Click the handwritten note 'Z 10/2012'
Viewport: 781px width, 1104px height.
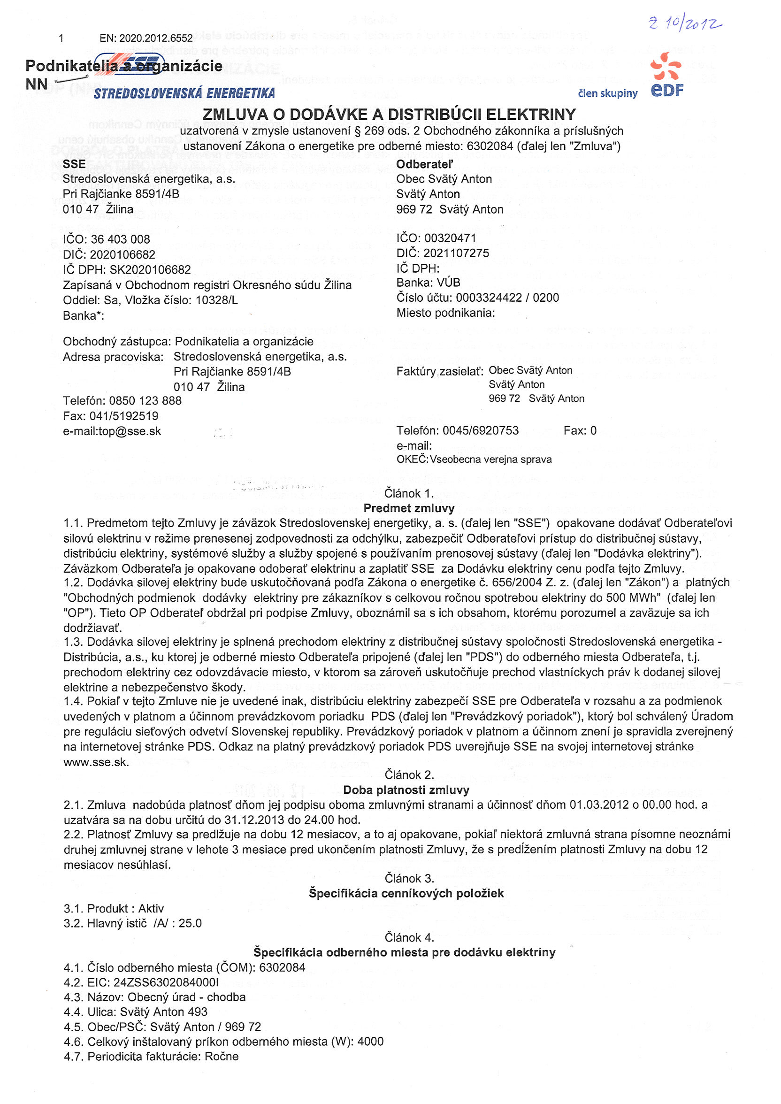tap(685, 23)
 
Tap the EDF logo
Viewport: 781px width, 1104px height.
tap(666, 76)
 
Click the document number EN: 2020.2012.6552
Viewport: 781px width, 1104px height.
tap(145, 38)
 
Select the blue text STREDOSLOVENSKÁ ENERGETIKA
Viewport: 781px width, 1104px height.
tap(184, 93)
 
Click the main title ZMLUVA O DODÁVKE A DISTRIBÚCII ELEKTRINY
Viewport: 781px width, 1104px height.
tap(389, 115)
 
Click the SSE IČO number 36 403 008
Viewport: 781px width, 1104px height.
tap(120, 239)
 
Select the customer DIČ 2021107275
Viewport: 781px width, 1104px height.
tap(456, 253)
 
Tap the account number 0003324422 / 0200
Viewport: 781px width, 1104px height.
tap(507, 298)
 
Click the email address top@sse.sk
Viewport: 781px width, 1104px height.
tap(130, 431)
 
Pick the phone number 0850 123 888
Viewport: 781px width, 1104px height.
tap(145, 401)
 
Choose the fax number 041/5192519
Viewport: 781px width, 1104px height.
tap(124, 416)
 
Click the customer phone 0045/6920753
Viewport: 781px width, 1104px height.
tap(481, 430)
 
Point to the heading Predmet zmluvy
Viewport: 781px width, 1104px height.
tap(409, 508)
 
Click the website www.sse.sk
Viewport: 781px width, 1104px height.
tap(96, 762)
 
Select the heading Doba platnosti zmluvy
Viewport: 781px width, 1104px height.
tap(406, 790)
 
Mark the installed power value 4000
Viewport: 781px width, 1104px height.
tap(370, 1042)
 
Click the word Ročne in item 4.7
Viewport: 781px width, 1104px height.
tap(222, 1057)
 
